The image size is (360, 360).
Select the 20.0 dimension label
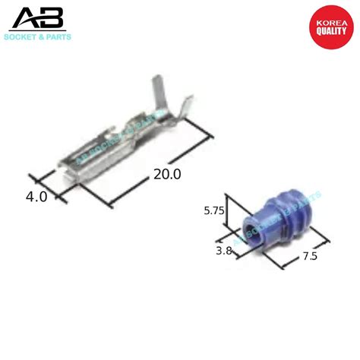coord(167,174)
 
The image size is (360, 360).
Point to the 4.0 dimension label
coord(36,196)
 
